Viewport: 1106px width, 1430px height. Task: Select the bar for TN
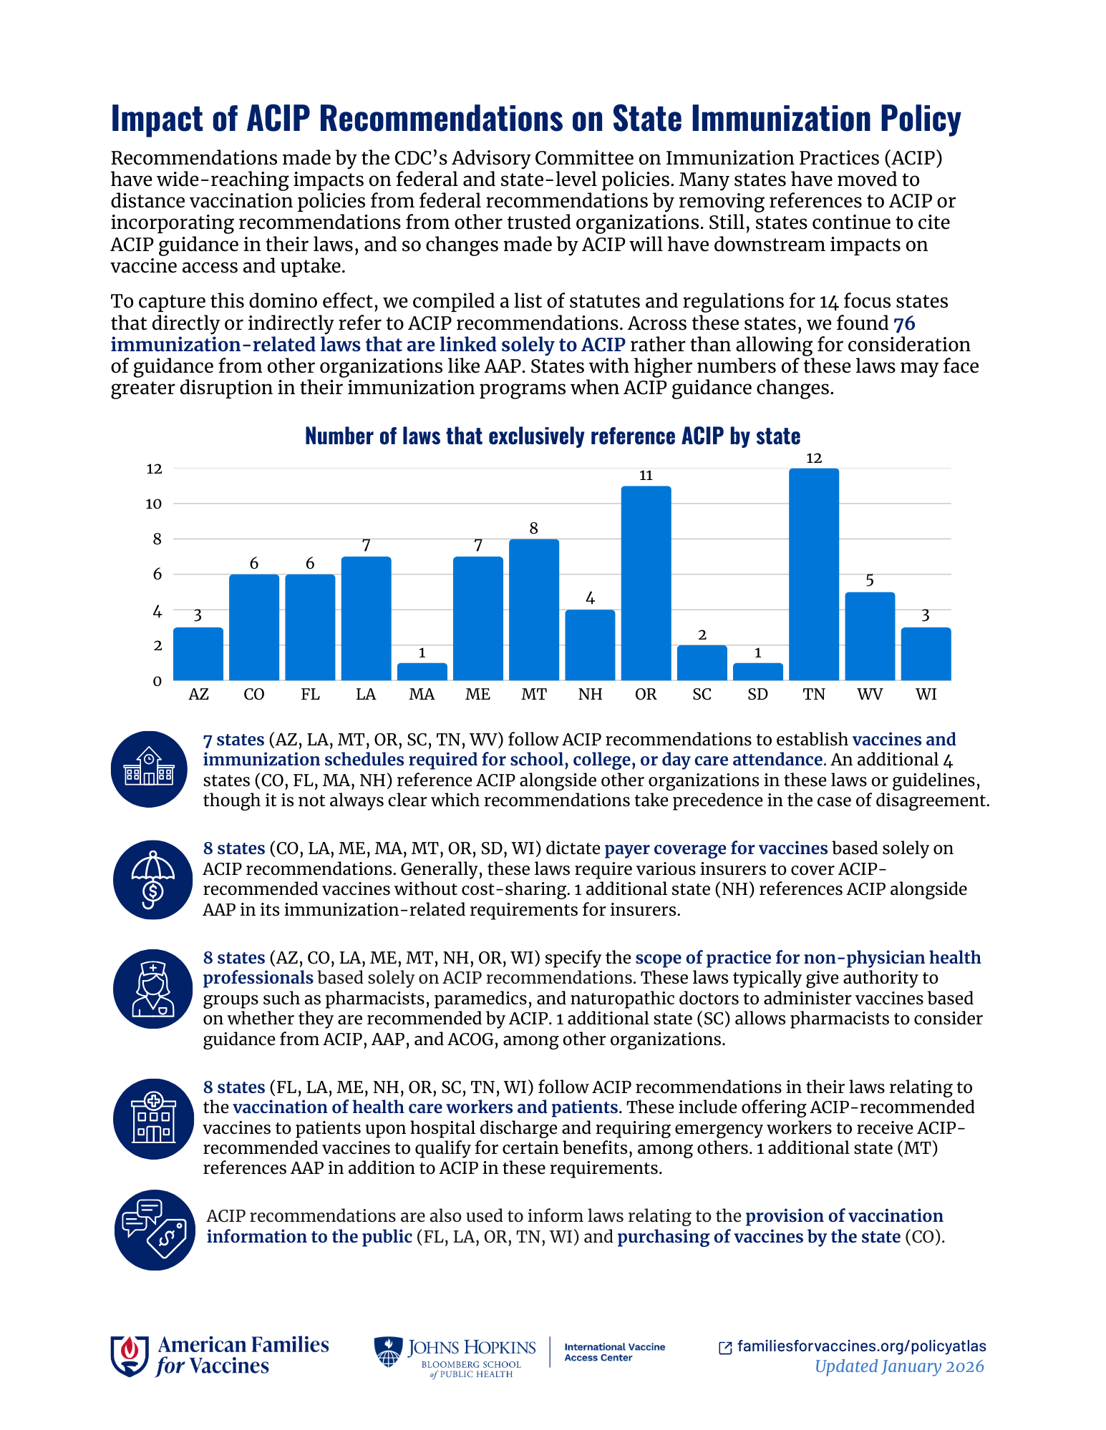813,574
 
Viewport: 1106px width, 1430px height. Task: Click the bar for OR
646,583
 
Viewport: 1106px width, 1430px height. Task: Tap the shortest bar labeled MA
422,672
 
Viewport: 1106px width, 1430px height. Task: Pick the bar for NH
590,645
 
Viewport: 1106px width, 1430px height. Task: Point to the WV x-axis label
870,694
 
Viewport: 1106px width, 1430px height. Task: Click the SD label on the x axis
757,694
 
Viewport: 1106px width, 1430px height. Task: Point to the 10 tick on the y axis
154,504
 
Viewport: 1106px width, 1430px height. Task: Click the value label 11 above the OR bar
646,476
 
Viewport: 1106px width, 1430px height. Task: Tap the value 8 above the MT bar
533,529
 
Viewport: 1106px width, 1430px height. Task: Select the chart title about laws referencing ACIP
553,436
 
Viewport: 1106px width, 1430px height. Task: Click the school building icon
149,769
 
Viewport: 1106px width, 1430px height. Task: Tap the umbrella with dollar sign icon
152,879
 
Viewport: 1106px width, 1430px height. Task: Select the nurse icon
152,989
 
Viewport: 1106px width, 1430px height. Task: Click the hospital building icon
153,1118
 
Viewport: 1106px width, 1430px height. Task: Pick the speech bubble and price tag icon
155,1230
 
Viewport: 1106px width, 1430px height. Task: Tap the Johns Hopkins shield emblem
388,1352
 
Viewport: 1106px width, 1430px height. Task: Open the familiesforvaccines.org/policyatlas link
861,1346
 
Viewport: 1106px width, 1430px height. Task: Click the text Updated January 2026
899,1366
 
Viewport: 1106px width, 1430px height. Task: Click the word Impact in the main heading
156,118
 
